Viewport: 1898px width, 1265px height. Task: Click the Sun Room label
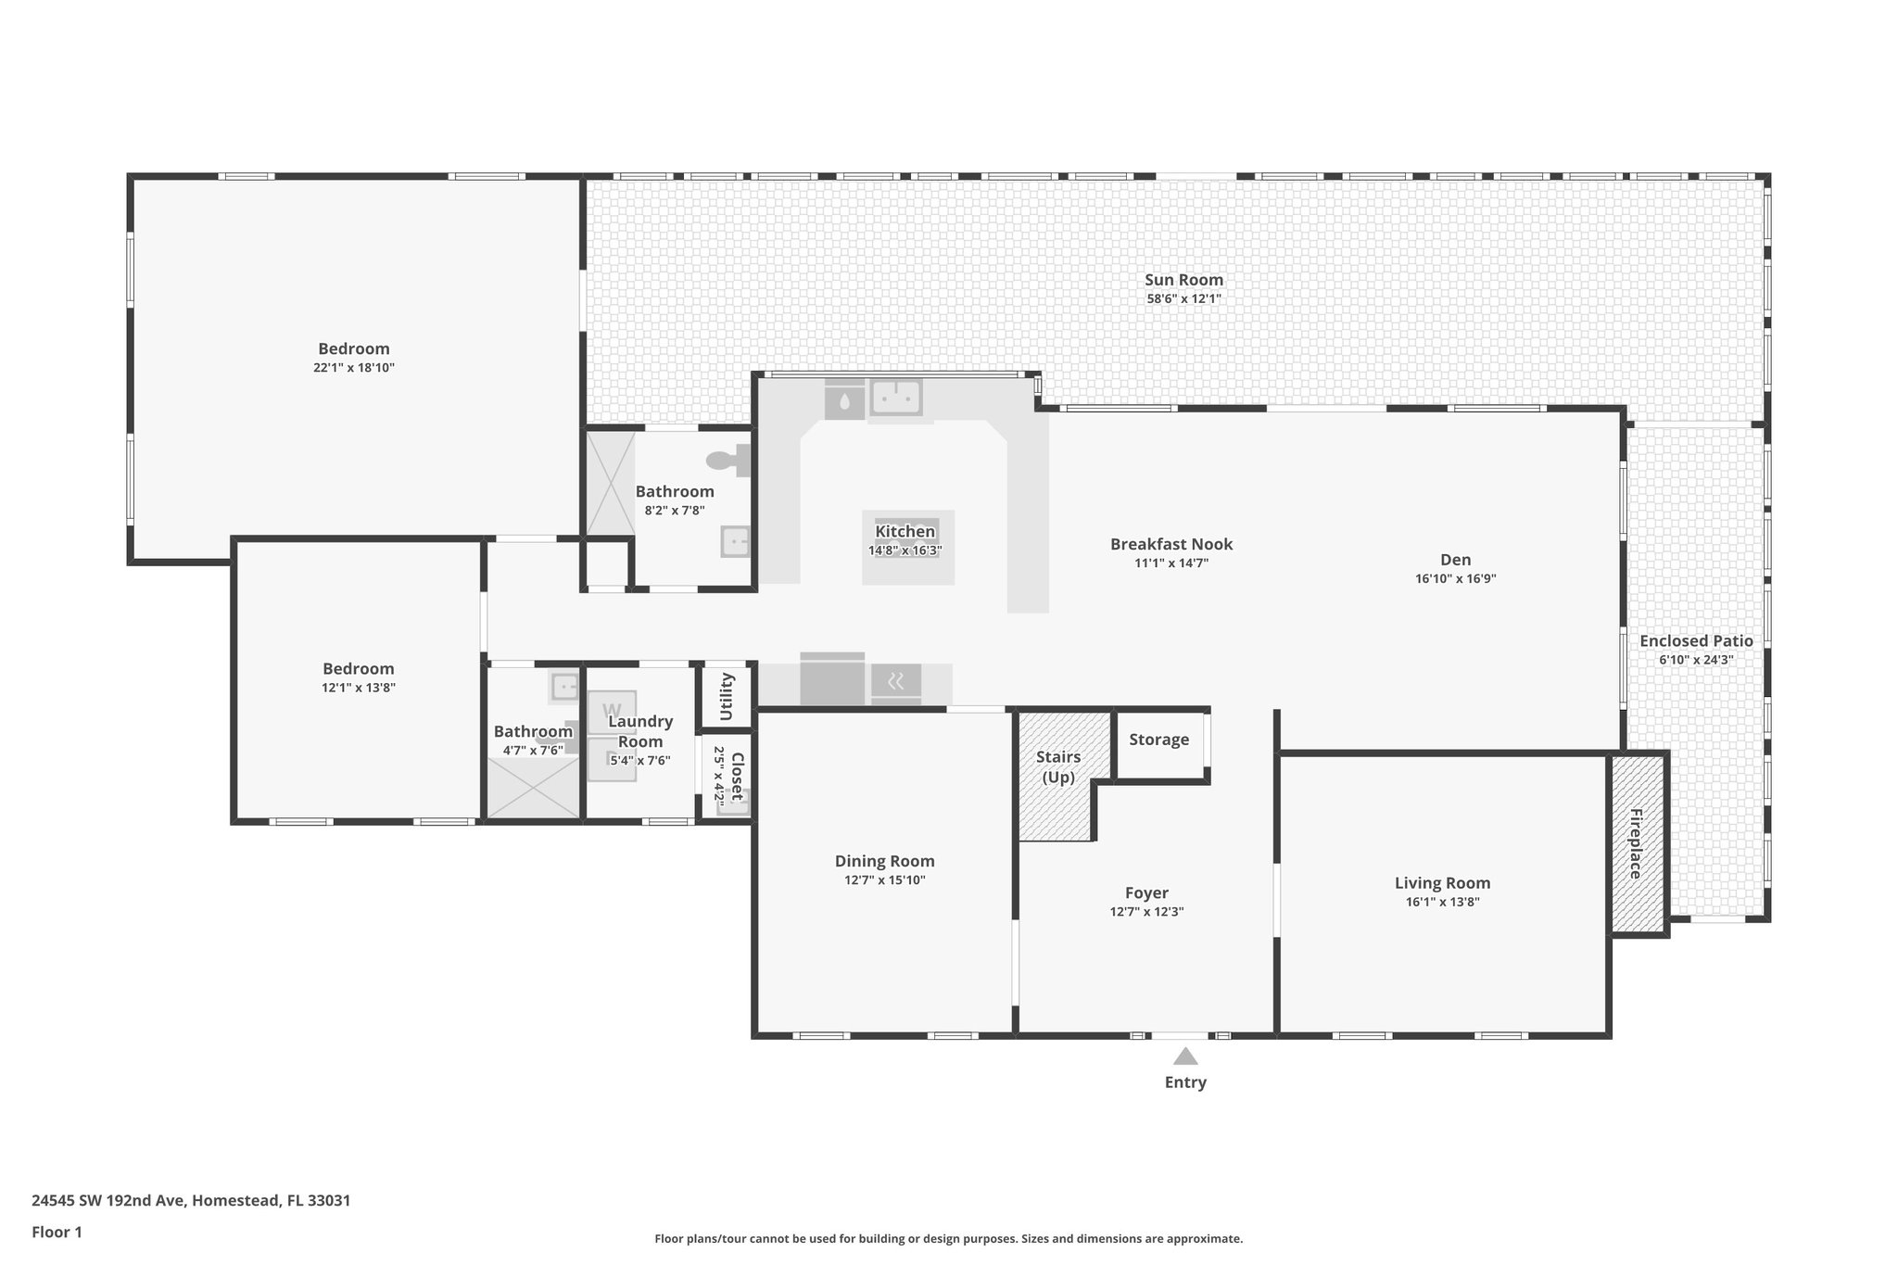pos(1183,280)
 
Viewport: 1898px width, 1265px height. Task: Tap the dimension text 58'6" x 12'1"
pos(1183,299)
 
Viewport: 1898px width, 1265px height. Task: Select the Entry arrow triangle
pos(1185,1056)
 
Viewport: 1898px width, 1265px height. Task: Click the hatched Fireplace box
pos(1637,843)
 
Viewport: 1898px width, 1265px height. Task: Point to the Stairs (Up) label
pos(1058,767)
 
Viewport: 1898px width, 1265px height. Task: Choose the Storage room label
pos(1158,740)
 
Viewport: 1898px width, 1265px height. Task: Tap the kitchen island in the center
pos(907,547)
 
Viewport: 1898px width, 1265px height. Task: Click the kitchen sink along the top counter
pos(895,398)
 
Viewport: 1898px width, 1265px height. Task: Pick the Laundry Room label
pos(640,731)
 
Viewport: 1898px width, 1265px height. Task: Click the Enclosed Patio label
pos(1696,641)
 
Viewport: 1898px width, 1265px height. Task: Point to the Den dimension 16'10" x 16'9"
pos(1455,579)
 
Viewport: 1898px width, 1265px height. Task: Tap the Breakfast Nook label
pos(1171,544)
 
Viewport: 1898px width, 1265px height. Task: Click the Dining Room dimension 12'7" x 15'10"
pos(884,880)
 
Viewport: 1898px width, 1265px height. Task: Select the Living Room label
pos(1442,883)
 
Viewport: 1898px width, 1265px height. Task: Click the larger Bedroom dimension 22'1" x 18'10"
pos(354,368)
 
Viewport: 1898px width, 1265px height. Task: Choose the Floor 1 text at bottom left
pos(57,1232)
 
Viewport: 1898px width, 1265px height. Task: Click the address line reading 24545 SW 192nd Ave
pos(191,1200)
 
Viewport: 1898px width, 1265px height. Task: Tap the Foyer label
pos(1146,893)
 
